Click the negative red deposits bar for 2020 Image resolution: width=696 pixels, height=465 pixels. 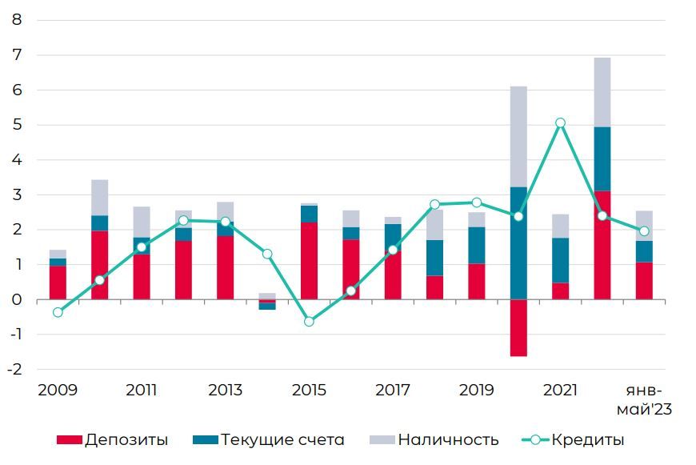pos(518,327)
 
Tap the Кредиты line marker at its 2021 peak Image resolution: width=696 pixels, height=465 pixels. pos(560,123)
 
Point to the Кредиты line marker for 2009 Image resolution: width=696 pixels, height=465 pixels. pos(58,312)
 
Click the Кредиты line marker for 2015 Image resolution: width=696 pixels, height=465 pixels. pos(309,321)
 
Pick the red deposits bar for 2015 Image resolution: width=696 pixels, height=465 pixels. pos(309,260)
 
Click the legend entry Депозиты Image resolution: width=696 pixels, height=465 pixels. pos(112,439)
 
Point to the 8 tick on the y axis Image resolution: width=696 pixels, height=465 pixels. pos(17,20)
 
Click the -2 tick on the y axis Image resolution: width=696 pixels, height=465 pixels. pos(14,369)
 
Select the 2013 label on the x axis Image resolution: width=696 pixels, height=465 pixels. pos(225,391)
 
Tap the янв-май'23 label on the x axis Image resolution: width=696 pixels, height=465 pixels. pos(643,400)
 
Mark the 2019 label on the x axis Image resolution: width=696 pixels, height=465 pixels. pos(476,391)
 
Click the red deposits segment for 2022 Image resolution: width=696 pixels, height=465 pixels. pos(602,244)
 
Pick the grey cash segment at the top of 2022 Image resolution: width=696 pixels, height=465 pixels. pos(602,92)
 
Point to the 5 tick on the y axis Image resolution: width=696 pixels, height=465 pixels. pos(17,125)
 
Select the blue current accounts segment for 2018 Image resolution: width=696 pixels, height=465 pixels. pos(434,258)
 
